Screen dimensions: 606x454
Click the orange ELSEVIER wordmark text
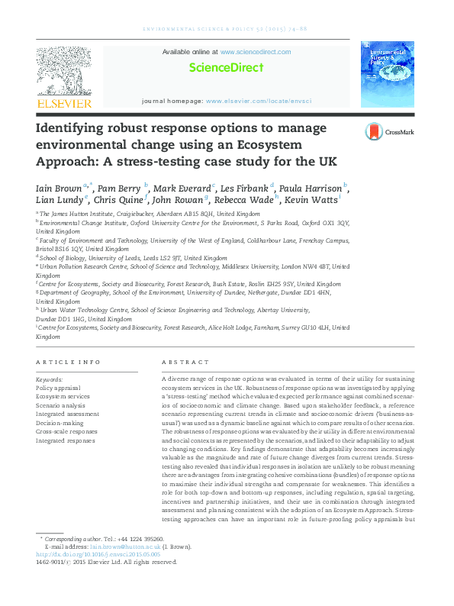(64, 102)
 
